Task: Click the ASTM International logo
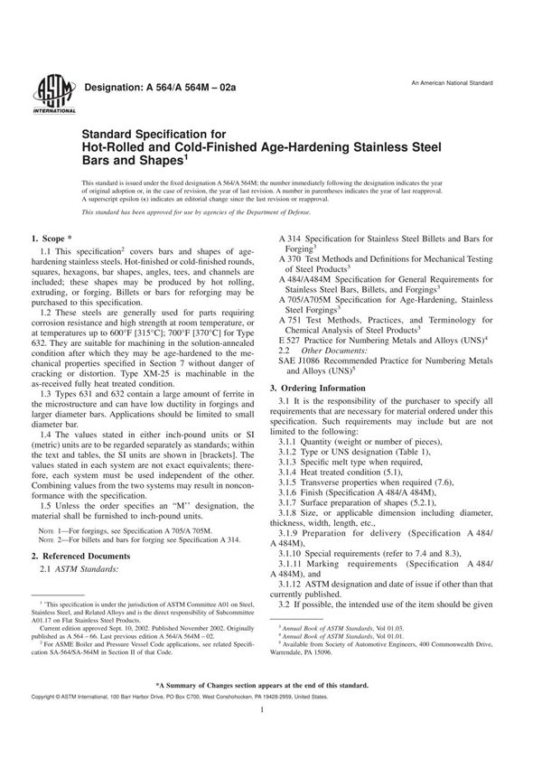(43, 93)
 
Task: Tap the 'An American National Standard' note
(451, 82)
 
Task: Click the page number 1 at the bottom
(272, 736)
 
